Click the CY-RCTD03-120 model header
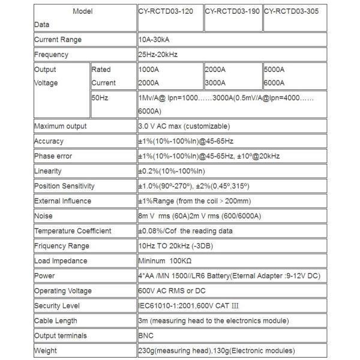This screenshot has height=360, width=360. pos(166,11)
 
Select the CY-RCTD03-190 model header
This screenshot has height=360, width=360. pos(233,11)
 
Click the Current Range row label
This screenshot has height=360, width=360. pos(58,40)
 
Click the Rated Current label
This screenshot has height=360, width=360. pos(104,76)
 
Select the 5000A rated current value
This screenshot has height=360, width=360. pos(275,70)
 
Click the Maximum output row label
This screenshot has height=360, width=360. pos(60,126)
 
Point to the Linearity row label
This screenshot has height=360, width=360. pos(48,171)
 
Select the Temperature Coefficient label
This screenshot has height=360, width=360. pos(73,231)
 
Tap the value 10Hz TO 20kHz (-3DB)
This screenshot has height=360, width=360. pos(178,246)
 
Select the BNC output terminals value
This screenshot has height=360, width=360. pos(146,336)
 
